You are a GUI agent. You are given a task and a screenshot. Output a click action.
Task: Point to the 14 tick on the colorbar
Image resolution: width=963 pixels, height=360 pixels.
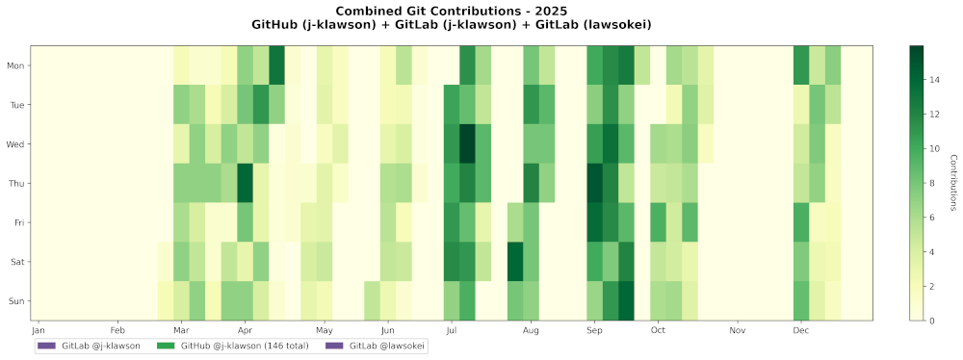934,81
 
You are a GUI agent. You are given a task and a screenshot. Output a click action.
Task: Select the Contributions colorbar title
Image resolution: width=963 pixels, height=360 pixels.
952,183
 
